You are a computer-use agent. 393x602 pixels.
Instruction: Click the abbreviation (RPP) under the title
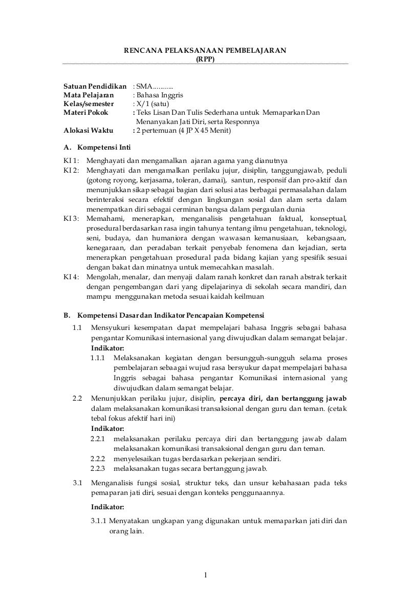coord(206,58)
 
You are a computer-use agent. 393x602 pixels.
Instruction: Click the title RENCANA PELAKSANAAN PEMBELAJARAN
coord(206,50)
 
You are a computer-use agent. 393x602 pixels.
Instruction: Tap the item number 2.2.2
coord(98,459)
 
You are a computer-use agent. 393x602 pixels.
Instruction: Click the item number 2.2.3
coord(98,468)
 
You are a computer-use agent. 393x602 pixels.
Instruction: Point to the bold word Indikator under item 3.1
coord(107,507)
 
